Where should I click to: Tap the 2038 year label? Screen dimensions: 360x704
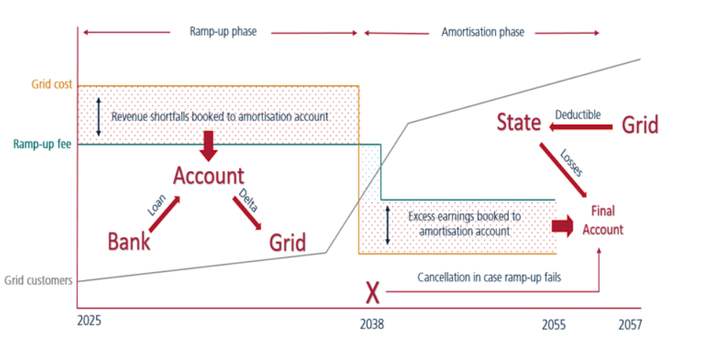[372, 324]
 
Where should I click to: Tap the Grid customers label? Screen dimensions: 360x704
[39, 280]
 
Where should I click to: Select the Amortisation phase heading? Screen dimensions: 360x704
[483, 32]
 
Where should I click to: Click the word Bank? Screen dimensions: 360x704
[129, 241]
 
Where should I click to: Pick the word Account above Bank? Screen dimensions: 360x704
[208, 176]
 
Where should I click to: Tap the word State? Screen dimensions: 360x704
[518, 122]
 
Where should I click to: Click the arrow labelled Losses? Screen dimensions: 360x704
[563, 170]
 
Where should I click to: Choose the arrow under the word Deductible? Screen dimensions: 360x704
[580, 128]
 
